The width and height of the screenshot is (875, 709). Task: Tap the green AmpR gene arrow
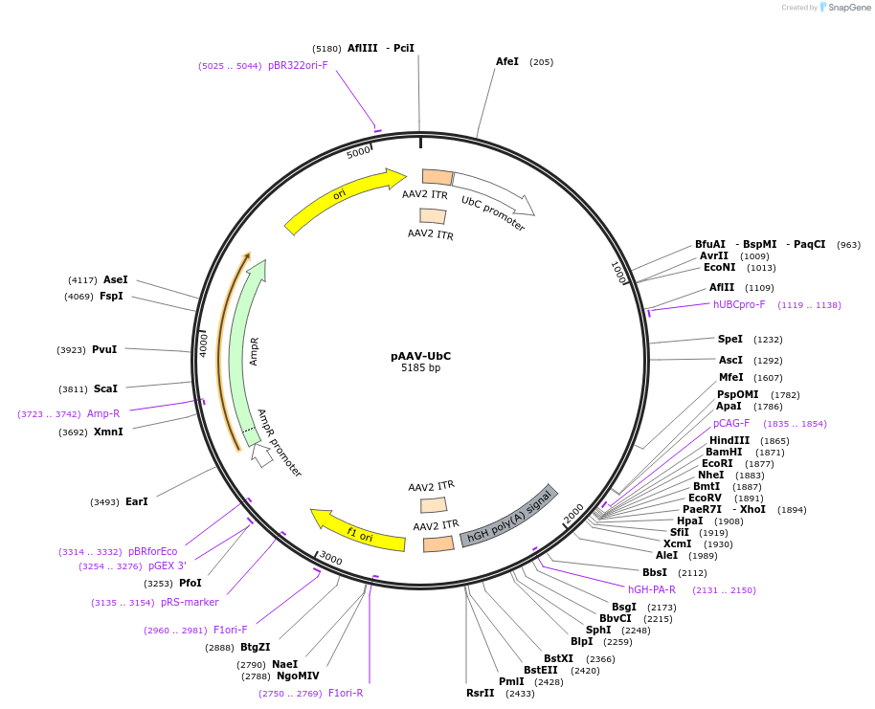[248, 354]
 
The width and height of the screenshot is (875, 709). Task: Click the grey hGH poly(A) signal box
[508, 516]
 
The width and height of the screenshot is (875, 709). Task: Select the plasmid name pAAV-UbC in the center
[420, 356]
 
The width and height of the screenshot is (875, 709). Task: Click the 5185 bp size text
[420, 368]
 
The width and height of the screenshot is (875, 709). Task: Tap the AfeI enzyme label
[507, 62]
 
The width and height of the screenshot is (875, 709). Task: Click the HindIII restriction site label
[729, 440]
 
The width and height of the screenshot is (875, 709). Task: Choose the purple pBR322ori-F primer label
[298, 66]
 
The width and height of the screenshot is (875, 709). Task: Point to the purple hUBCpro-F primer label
[739, 305]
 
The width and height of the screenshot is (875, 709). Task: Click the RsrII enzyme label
[481, 693]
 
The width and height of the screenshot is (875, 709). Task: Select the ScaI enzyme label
[105, 389]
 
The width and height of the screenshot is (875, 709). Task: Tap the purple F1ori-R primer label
[346, 693]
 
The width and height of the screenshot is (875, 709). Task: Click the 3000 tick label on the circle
[330, 558]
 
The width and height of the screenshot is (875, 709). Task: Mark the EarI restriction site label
[137, 501]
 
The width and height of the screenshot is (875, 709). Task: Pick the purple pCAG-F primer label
[732, 423]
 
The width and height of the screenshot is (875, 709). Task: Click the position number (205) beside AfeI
[541, 62]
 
